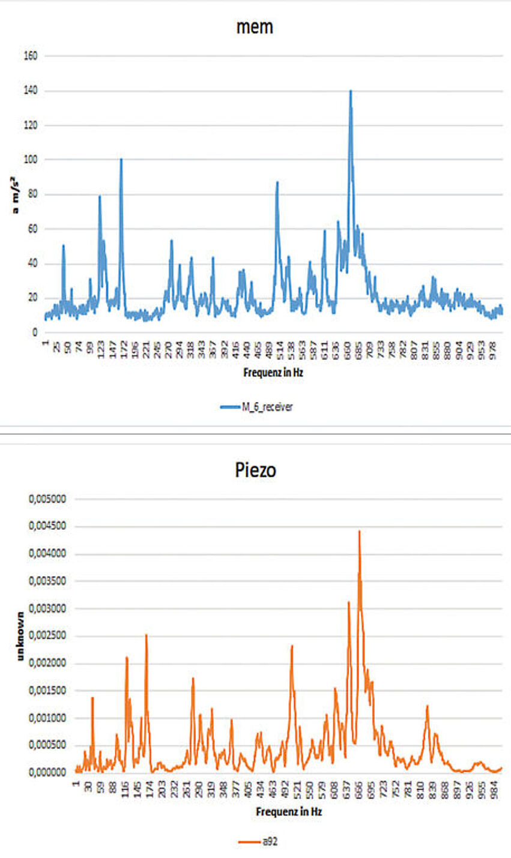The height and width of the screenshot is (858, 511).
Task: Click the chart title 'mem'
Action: click(255, 27)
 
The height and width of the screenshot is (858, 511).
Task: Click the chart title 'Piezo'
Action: click(255, 470)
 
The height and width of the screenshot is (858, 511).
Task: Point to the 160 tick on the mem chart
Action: click(30, 56)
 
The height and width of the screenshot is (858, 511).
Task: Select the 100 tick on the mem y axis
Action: click(30, 160)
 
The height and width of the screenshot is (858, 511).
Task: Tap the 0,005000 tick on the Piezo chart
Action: click(47, 499)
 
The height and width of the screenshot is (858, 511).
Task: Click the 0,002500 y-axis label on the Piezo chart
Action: click(47, 636)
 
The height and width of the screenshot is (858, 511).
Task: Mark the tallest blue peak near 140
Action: click(351, 91)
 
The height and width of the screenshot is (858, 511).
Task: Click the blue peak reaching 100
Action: click(121, 160)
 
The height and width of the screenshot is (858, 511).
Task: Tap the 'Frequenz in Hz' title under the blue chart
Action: click(273, 372)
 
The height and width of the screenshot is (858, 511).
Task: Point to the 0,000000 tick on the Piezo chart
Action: click(47, 773)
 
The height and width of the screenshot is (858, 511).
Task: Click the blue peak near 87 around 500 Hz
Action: click(277, 182)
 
